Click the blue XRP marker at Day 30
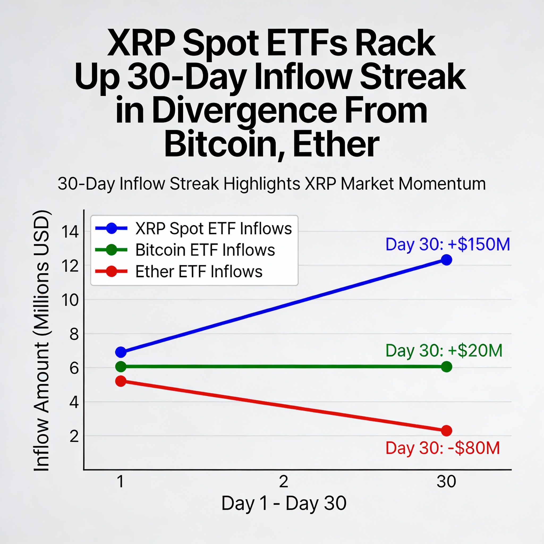[x=447, y=260]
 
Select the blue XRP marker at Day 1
[x=121, y=352]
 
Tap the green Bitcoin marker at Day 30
[x=447, y=367]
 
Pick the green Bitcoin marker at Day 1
[x=121, y=366]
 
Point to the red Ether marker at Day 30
[x=447, y=431]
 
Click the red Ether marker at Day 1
[x=121, y=381]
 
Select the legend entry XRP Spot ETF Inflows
[x=194, y=228]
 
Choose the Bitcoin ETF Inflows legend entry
[x=185, y=250]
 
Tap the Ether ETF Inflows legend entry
[x=179, y=271]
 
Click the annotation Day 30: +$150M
[x=448, y=244]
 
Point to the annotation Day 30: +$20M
[x=444, y=351]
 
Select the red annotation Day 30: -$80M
[x=443, y=448]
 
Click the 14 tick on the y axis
[x=70, y=232]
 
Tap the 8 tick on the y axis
[x=74, y=334]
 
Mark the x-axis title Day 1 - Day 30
[x=284, y=503]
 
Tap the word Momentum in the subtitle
[x=442, y=184]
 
